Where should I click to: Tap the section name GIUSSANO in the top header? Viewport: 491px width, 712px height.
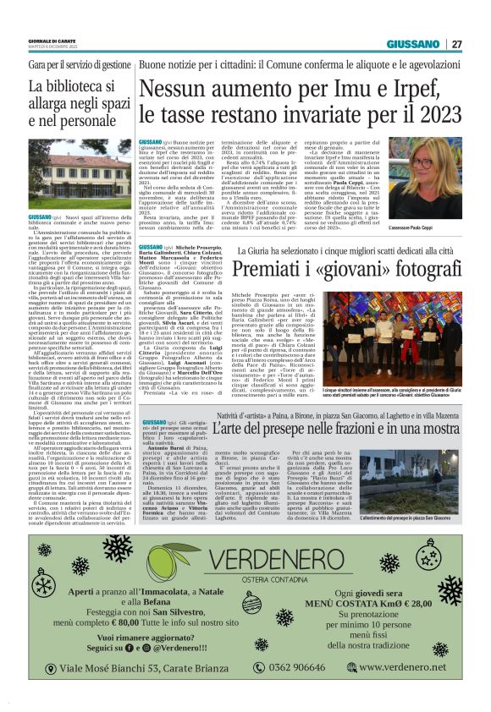tap(413, 44)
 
